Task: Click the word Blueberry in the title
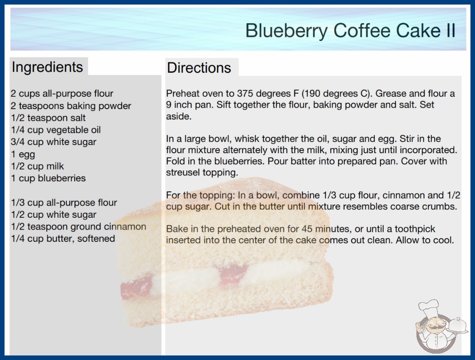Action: point(286,31)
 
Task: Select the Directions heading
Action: point(199,68)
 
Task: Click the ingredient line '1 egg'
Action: point(23,155)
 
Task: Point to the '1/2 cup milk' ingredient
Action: point(37,166)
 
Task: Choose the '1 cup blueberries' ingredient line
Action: point(48,178)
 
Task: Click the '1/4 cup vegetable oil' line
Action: point(56,130)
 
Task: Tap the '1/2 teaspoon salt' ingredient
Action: point(48,118)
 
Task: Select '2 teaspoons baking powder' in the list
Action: point(71,106)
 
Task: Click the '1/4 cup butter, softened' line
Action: point(63,239)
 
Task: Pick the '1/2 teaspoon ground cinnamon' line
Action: point(79,226)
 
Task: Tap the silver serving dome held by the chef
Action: point(458,325)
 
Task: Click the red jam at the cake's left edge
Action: point(135,288)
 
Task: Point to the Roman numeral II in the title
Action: point(450,30)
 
